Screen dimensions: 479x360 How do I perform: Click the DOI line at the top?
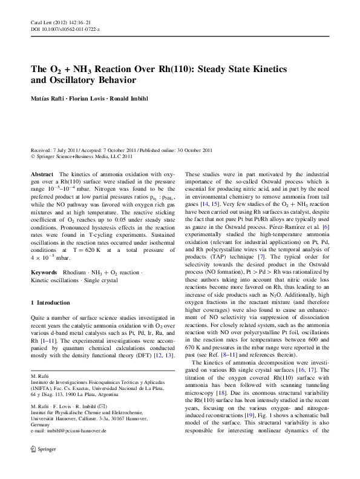click(65, 29)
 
